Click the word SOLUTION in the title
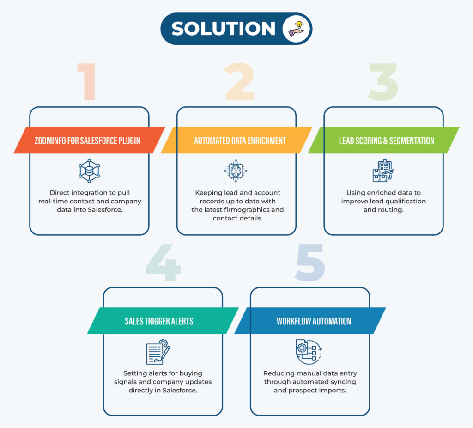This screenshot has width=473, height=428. pyautogui.click(x=223, y=29)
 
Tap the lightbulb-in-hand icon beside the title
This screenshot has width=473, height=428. pyautogui.click(x=297, y=29)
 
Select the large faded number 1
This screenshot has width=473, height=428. pyautogui.click(x=87, y=81)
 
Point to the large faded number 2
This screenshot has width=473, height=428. pyautogui.click(x=240, y=81)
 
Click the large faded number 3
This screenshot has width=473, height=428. pyautogui.click(x=383, y=82)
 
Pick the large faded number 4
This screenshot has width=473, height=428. pyautogui.click(x=163, y=262)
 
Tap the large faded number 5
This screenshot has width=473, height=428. pyautogui.click(x=310, y=263)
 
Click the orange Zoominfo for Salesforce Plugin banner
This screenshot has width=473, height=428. pyautogui.click(x=89, y=140)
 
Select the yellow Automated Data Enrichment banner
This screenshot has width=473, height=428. pyautogui.click(x=236, y=140)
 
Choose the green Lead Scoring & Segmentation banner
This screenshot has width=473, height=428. pyautogui.click(x=384, y=140)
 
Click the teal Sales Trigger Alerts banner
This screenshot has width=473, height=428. pyautogui.click(x=163, y=321)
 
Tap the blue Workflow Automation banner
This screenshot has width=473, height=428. pyautogui.click(x=310, y=321)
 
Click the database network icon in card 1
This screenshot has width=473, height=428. pyautogui.click(x=89, y=171)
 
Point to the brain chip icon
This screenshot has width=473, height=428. pyautogui.click(x=236, y=171)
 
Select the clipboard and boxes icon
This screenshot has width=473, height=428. pyautogui.click(x=383, y=171)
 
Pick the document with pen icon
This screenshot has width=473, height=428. pyautogui.click(x=158, y=352)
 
